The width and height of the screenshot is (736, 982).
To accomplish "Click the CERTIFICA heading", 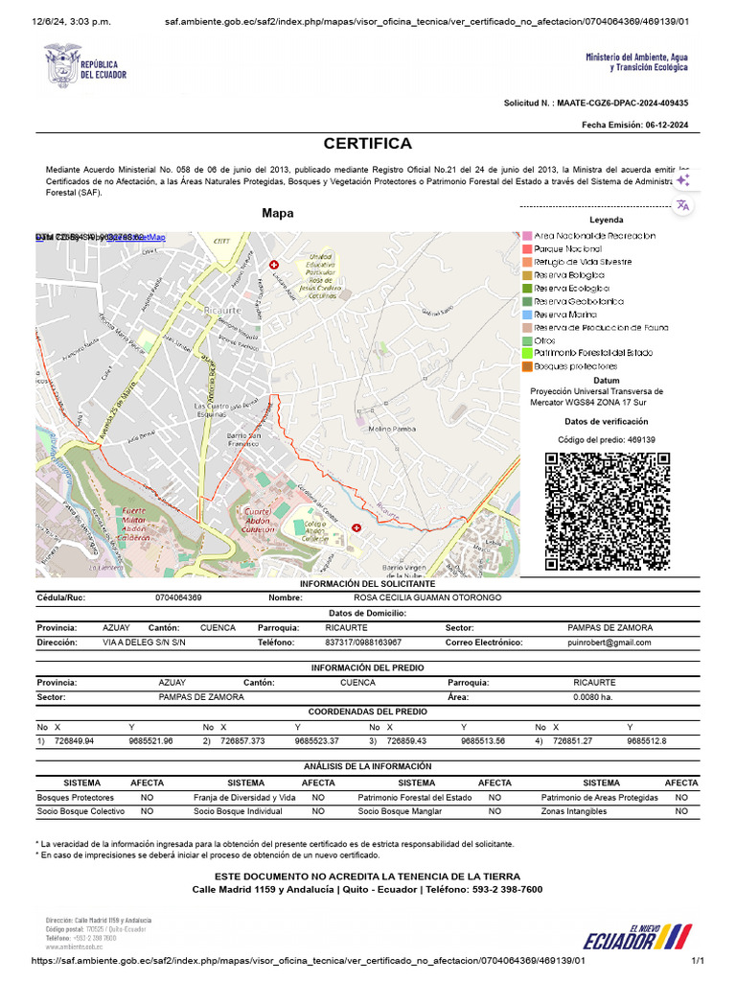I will pos(367,144).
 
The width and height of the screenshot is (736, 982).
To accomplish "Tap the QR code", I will pos(607,511).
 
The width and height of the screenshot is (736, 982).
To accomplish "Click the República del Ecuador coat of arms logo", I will pos(63,64).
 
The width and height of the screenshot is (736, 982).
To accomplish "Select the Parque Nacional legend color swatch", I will pos(526,248).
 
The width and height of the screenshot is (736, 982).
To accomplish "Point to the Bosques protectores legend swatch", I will pos(526,365).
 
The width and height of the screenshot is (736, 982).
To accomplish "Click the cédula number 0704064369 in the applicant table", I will pos(178,598).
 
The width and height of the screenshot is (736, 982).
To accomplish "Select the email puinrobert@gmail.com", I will pos(609,643).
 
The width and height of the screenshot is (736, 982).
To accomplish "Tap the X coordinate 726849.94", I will pos(74,741).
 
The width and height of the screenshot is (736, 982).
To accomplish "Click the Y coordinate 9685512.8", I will pos(647,741).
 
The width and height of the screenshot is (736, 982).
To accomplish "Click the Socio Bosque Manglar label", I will pos(400,811).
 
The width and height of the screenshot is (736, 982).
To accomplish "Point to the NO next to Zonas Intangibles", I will pos(680,811).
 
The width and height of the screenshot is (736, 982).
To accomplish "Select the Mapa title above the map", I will pos(278,213).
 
